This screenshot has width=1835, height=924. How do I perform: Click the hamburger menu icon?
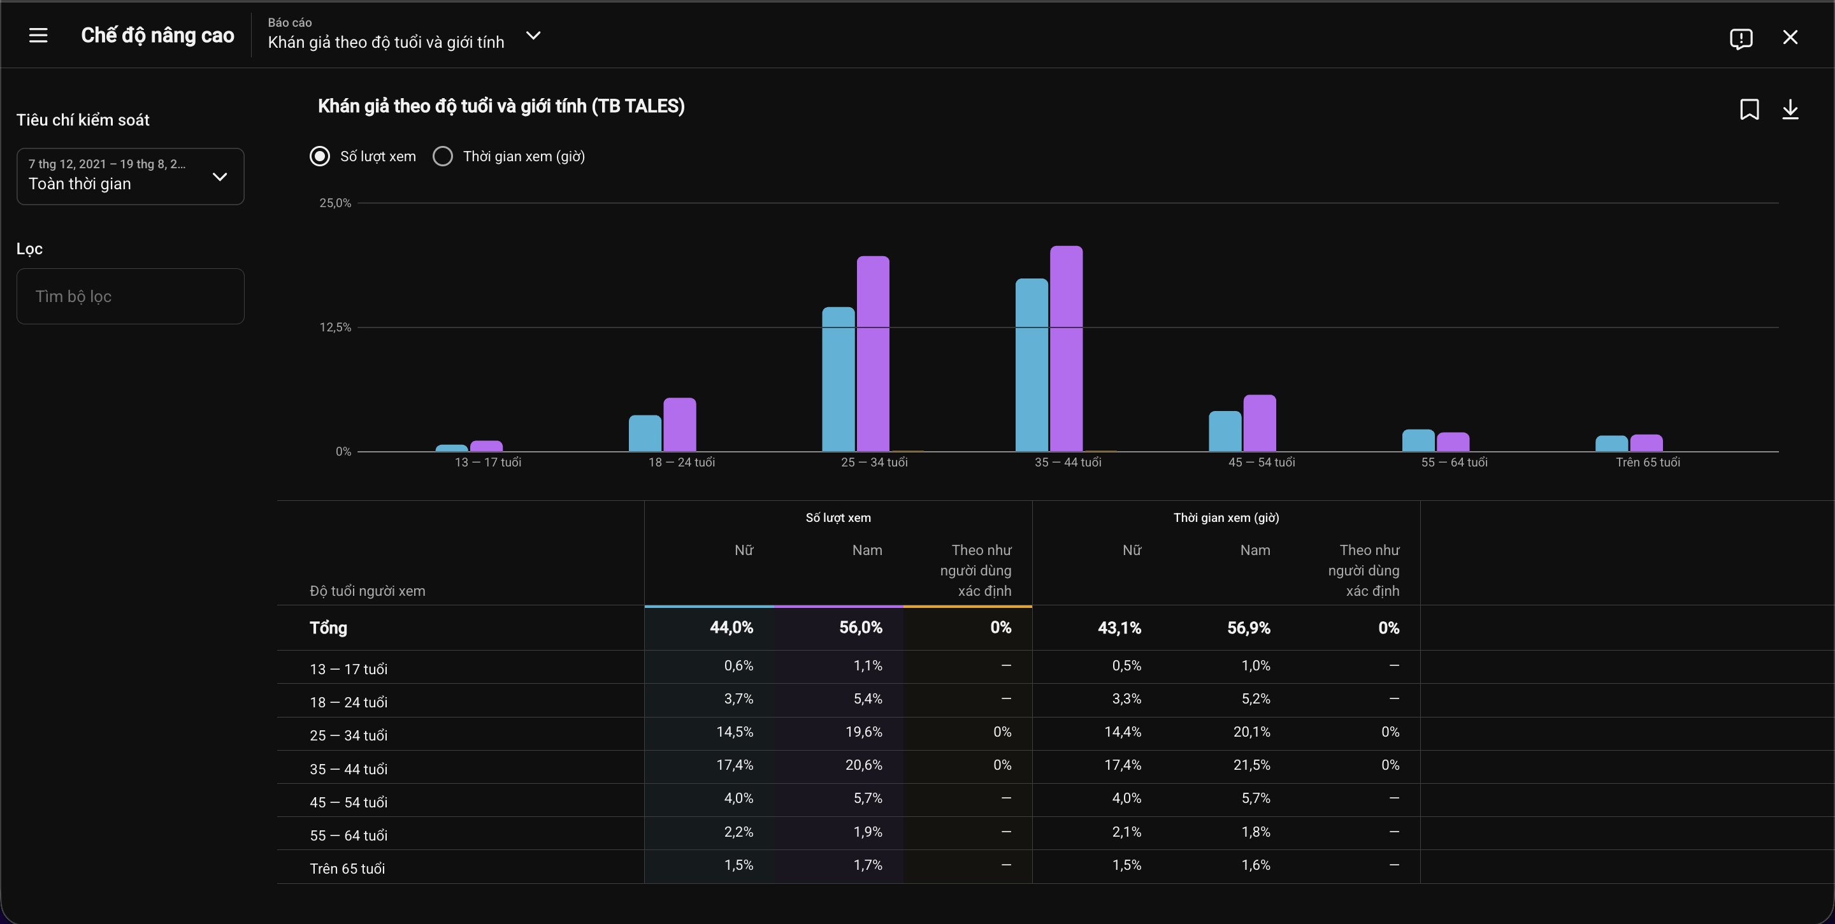[38, 35]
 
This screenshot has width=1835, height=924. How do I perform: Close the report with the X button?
[1790, 37]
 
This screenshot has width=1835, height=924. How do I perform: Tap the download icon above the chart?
[1790, 110]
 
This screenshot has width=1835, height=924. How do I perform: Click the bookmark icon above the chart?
[1750, 110]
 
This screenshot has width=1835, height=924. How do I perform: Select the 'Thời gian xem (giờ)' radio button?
[442, 156]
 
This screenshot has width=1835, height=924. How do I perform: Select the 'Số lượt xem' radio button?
[320, 156]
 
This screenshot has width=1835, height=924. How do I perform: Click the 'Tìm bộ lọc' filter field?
[131, 296]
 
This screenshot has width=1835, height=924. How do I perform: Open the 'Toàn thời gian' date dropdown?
[131, 177]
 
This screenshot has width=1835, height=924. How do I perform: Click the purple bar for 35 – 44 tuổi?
[1067, 349]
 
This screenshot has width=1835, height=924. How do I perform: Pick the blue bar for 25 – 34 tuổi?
[838, 379]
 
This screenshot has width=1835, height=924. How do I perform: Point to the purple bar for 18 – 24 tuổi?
[680, 424]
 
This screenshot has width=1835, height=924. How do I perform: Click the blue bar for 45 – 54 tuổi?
[1225, 431]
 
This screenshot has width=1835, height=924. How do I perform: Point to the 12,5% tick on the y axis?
[335, 327]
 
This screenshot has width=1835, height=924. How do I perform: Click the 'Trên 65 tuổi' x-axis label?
[1648, 463]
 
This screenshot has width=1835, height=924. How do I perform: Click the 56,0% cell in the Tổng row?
[861, 628]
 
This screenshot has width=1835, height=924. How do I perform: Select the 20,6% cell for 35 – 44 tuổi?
[863, 765]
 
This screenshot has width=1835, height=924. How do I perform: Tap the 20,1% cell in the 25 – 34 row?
[1251, 732]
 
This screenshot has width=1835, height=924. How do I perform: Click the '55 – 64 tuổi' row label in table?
[349, 835]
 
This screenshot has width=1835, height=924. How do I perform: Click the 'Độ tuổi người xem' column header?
[368, 591]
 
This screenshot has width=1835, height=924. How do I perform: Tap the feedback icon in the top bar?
[1741, 38]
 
